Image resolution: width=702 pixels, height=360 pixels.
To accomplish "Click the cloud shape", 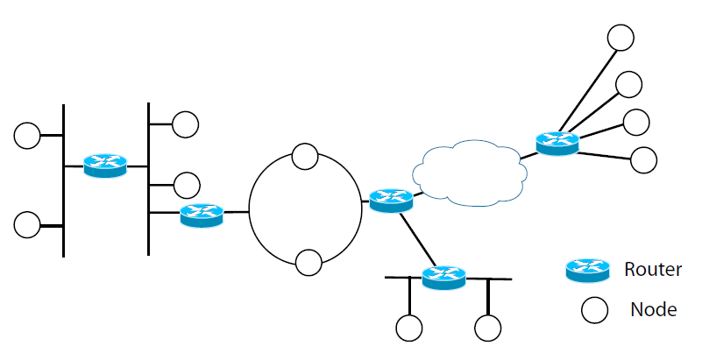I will (469, 173).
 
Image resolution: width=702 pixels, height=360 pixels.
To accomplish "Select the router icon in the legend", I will (586, 270).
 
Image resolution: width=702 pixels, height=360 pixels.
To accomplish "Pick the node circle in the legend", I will (596, 309).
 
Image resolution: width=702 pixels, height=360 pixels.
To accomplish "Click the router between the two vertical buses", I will (105, 165).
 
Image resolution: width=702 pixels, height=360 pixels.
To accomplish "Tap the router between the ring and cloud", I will (390, 200).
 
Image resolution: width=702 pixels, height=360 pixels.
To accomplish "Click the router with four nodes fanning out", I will (557, 142).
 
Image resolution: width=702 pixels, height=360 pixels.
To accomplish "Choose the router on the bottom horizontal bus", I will (443, 277).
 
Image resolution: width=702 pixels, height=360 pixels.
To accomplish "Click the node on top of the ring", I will (305, 157).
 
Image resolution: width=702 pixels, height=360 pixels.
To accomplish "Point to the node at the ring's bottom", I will (308, 262).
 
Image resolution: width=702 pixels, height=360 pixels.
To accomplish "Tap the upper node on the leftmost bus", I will (27, 135).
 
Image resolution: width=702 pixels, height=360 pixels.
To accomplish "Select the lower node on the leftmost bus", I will (27, 224).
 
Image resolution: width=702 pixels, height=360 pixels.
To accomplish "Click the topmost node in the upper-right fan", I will (620, 37).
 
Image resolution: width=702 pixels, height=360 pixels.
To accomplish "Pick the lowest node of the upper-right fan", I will (643, 159).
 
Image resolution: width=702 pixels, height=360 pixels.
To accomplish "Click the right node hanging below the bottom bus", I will (488, 328).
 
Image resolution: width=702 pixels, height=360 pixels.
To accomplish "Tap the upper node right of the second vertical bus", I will (186, 124).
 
